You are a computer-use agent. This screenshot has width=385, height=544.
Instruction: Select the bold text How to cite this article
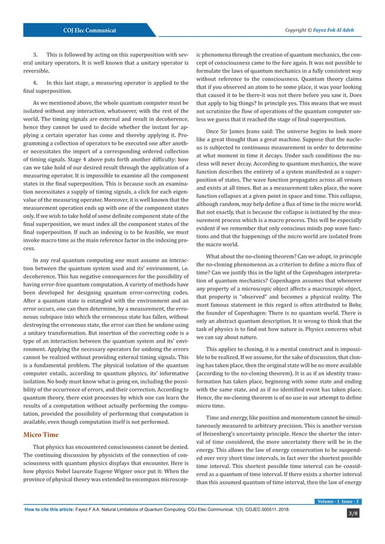pos(48,510)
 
